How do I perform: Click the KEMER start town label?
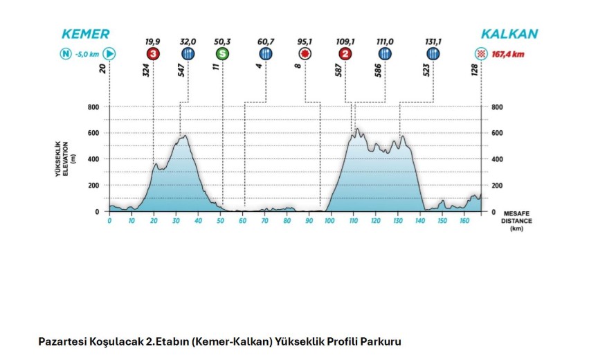[85, 34]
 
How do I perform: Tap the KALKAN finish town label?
[509, 34]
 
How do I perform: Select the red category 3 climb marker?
[153, 54]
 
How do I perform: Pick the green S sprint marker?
[221, 54]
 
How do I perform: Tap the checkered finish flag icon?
[480, 54]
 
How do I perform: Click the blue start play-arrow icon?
[109, 54]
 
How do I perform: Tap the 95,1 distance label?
[305, 42]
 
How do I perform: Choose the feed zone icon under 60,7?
[266, 54]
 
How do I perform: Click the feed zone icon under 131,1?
[433, 54]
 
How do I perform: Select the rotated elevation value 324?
[147, 70]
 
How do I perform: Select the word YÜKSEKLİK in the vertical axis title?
[59, 159]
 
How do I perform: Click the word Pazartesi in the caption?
[60, 341]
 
